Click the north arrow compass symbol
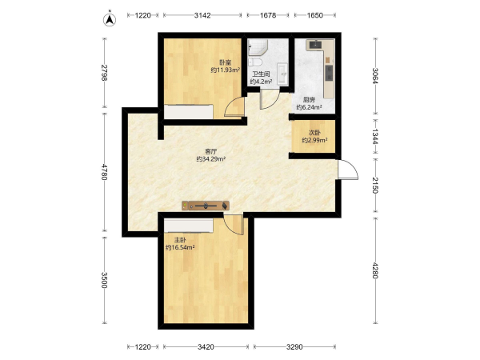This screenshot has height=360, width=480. pyautogui.click(x=110, y=18)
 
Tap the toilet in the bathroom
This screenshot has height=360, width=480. pyautogui.click(x=254, y=62)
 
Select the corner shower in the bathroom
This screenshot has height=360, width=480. pyautogui.click(x=258, y=47)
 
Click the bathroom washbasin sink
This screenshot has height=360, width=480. pyautogui.click(x=282, y=74)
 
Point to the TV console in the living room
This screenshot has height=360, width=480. pyautogui.click(x=206, y=206)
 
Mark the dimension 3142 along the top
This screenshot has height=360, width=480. pyautogui.click(x=202, y=15)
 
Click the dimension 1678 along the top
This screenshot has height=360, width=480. pyautogui.click(x=268, y=15)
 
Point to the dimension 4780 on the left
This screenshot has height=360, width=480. pyautogui.click(x=104, y=172)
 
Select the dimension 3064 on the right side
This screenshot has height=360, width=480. pyautogui.click(x=375, y=76)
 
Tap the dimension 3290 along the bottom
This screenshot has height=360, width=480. pyautogui.click(x=294, y=347)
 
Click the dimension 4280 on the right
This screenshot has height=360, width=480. pyautogui.click(x=375, y=270)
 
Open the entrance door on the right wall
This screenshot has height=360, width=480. pyautogui.click(x=348, y=170)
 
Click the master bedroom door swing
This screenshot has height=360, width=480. pyautogui.click(x=234, y=224)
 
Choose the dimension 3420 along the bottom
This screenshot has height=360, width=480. pyautogui.click(x=206, y=347)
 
